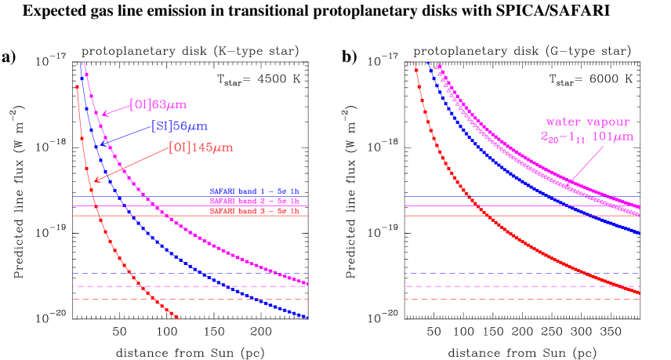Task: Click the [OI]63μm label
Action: (x=158, y=104)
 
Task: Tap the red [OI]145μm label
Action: (x=201, y=147)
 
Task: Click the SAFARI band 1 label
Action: (x=254, y=191)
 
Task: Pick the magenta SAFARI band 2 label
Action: (x=254, y=202)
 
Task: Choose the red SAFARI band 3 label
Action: (x=254, y=212)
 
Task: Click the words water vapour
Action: (x=587, y=122)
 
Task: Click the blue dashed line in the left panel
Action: (x=188, y=273)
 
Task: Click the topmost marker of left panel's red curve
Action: (x=77, y=87)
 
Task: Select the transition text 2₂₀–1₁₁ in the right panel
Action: (x=562, y=137)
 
